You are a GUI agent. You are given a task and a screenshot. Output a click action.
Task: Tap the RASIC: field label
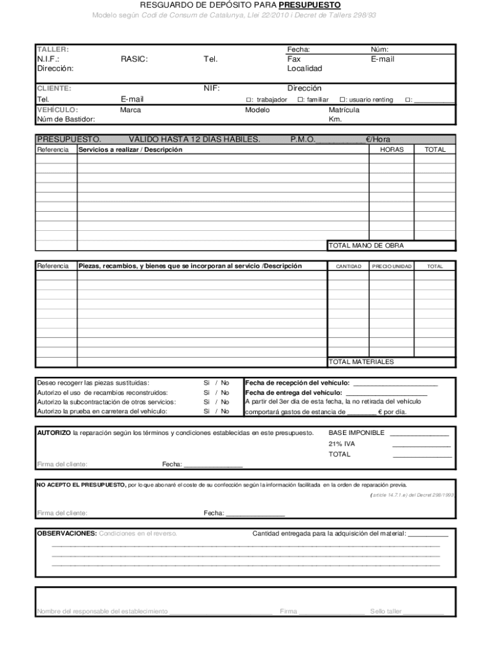134,59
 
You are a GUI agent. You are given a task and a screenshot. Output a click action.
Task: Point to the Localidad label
304,68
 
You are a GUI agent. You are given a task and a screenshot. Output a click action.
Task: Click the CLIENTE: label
54,89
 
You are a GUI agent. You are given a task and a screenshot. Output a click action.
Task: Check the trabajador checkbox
249,99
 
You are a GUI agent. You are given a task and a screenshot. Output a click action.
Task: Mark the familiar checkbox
301,99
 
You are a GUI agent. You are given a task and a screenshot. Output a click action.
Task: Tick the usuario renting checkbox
342,99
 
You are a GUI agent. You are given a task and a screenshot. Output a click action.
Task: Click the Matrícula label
344,110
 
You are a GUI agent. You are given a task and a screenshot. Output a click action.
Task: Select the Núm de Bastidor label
66,119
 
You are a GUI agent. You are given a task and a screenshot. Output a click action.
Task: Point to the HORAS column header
392,149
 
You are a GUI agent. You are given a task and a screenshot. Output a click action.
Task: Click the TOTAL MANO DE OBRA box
391,246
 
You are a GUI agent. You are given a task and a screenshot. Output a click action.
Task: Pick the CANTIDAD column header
348,266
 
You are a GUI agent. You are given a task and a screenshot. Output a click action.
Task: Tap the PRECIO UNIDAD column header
392,266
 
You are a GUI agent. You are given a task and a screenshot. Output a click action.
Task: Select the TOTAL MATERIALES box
391,362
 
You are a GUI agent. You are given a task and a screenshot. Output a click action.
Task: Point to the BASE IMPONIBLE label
356,432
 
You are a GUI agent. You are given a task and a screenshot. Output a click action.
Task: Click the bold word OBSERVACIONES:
67,533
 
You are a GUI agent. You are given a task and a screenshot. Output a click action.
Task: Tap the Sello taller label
386,612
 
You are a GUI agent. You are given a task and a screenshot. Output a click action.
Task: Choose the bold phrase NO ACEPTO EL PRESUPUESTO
81,485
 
